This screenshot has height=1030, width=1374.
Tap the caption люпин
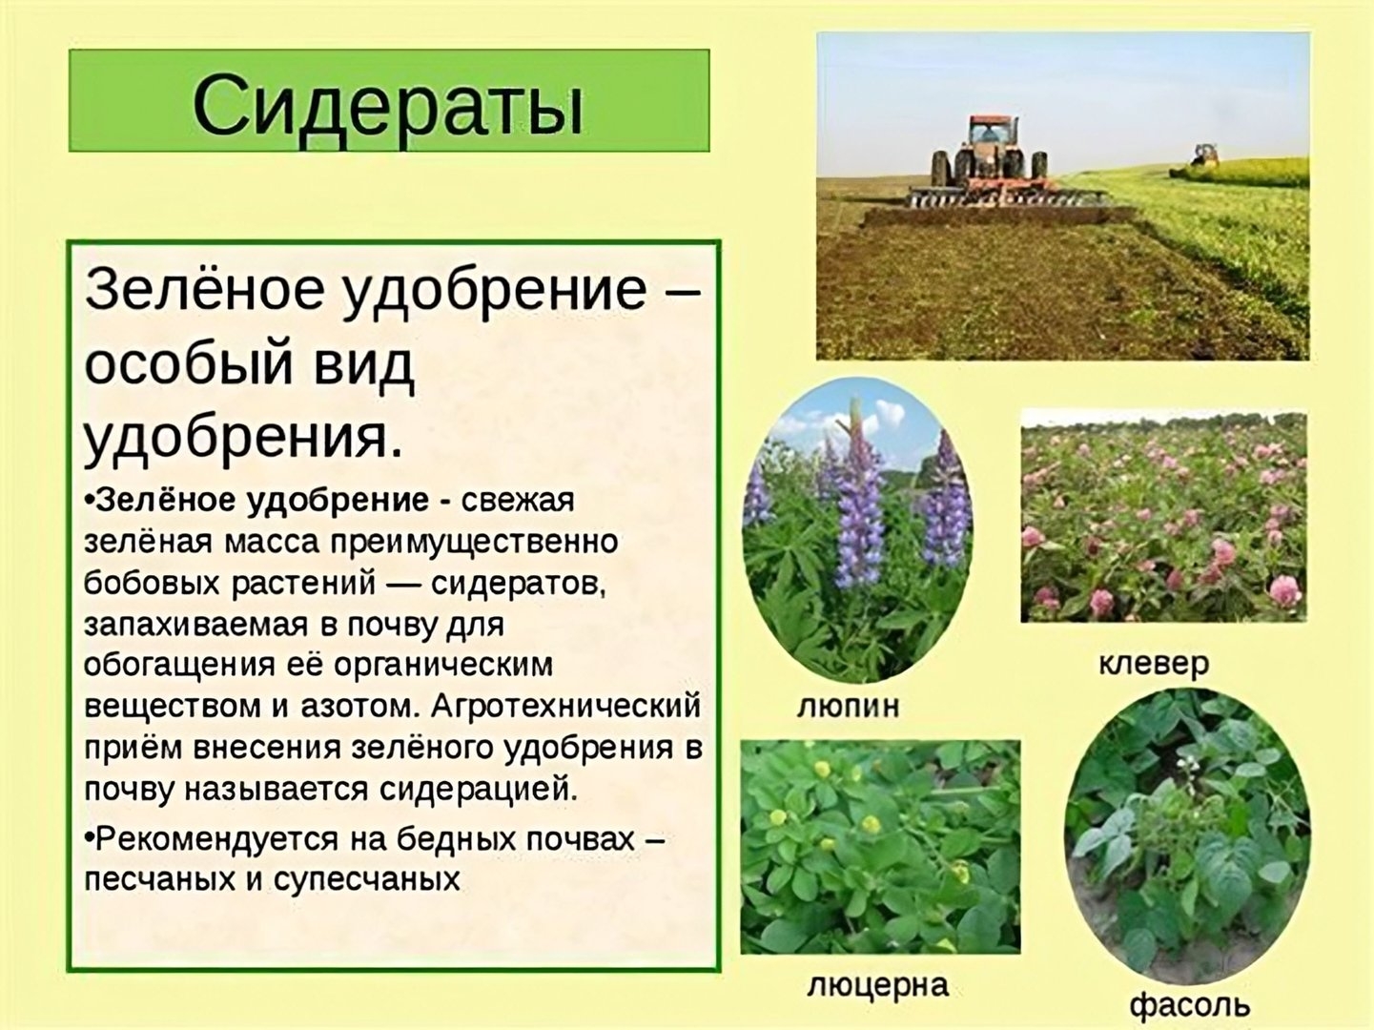[849, 708]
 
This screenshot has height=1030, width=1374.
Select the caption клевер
[1153, 664]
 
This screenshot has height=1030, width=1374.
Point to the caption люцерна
[877, 985]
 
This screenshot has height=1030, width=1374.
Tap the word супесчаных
[367, 879]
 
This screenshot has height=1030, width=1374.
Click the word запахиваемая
[196, 625]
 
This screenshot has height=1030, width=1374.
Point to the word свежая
[517, 501]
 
